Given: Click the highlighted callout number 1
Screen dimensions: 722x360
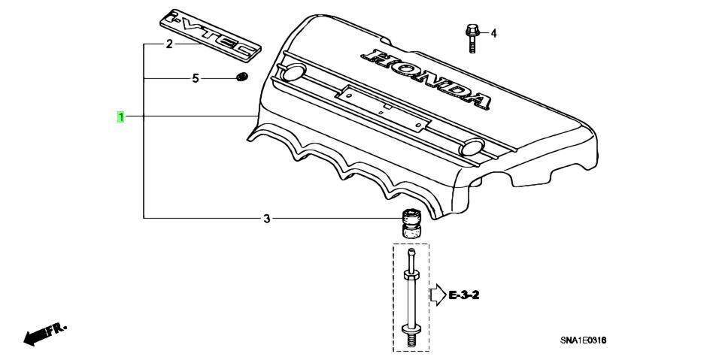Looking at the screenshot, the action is [x=120, y=117].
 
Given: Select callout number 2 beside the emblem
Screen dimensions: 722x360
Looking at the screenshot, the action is [x=169, y=44].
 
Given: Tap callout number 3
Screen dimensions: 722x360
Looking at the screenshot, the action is [x=266, y=218].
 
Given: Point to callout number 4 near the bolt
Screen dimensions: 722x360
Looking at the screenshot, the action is [x=493, y=34].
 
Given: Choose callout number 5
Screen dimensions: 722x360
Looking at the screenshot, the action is [x=196, y=79].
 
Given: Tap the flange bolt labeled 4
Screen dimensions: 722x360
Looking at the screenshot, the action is [x=471, y=39].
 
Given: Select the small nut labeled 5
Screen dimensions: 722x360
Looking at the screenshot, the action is [x=241, y=77].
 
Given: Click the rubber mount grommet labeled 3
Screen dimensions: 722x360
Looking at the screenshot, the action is [x=411, y=222].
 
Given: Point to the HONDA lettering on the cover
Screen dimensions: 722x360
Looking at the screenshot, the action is [x=426, y=78].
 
